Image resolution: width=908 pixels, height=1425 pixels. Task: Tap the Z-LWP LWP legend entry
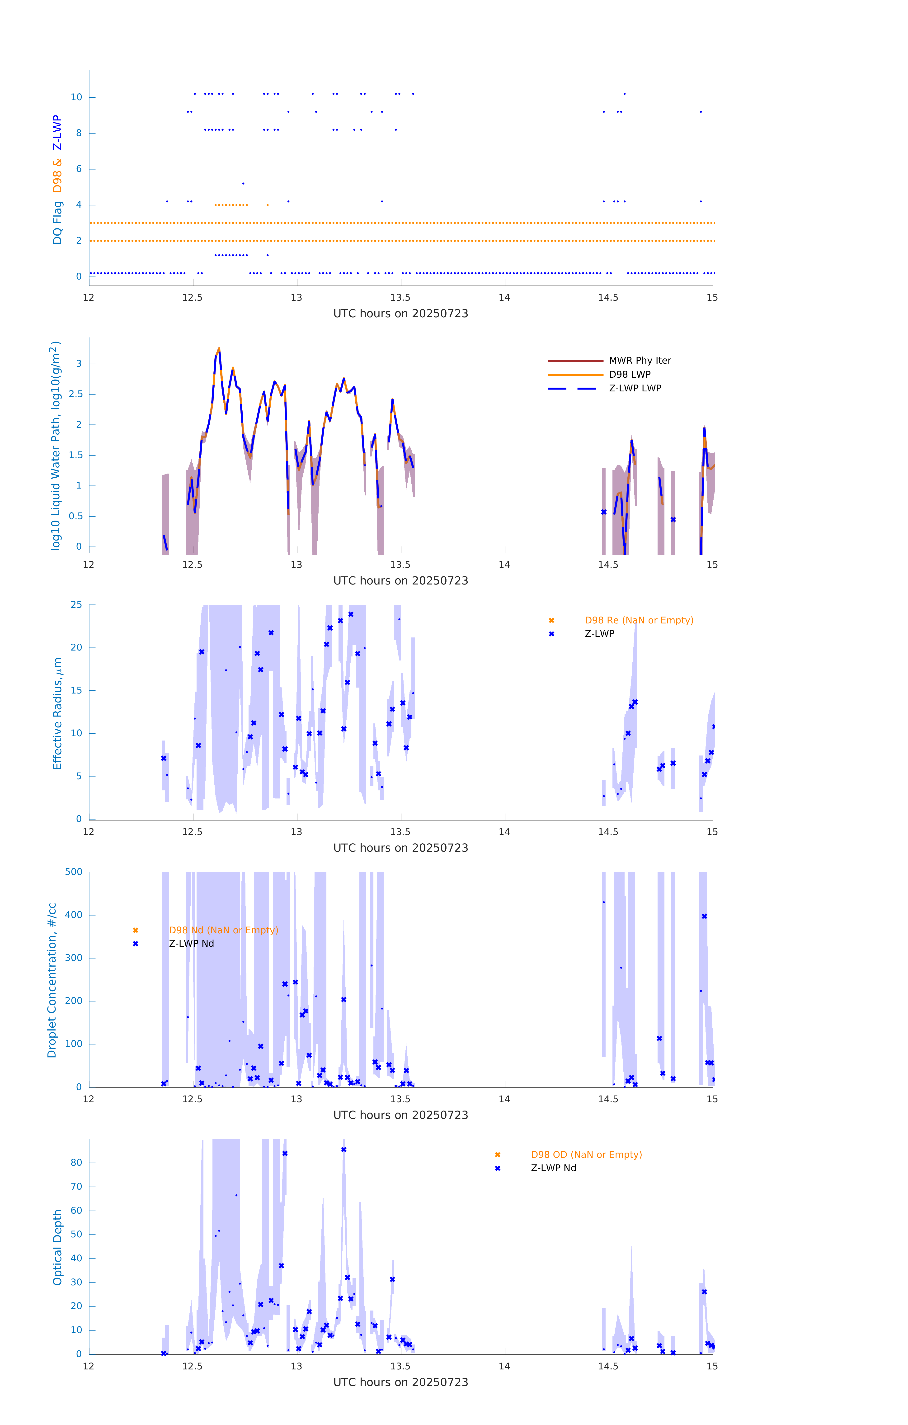point(635,388)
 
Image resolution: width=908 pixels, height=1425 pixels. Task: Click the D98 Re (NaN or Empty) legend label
point(639,620)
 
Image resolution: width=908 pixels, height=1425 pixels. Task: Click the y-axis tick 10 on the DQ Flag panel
point(76,97)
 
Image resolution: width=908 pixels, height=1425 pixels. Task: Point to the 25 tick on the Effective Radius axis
point(76,605)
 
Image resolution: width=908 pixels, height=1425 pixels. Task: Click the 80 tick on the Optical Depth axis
point(76,1162)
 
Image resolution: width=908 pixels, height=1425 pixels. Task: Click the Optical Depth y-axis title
point(57,1247)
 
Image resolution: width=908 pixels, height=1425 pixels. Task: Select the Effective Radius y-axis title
point(57,713)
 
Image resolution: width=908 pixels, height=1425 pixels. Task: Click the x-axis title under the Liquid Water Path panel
point(400,580)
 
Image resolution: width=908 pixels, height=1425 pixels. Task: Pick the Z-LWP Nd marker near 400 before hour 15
point(704,916)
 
